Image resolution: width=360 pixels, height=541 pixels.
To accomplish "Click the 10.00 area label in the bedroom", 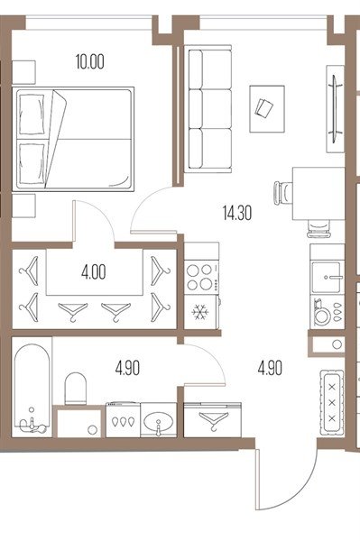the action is click(x=90, y=62).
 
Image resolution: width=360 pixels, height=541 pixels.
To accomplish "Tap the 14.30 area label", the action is click(x=237, y=213).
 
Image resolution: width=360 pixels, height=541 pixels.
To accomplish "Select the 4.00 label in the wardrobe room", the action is click(x=94, y=272).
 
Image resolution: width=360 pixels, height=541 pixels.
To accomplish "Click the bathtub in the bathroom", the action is click(x=32, y=388).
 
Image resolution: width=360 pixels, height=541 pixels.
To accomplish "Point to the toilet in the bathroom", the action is click(x=75, y=389).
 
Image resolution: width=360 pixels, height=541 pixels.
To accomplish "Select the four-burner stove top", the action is click(x=201, y=277).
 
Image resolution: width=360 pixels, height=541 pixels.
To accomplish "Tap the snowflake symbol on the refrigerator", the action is click(x=200, y=312).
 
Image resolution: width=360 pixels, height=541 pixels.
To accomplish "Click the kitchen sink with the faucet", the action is click(x=327, y=277).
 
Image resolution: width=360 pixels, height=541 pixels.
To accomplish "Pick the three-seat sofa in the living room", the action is click(x=209, y=109).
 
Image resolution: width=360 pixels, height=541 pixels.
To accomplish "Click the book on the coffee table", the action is click(x=264, y=107).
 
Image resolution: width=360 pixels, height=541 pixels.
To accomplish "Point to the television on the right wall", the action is click(x=335, y=108).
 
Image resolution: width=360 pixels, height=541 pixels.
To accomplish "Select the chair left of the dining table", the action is click(x=283, y=193).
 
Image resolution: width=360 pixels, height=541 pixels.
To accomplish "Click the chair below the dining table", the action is click(x=318, y=228).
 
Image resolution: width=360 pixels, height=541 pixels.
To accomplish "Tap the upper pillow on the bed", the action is click(x=32, y=114).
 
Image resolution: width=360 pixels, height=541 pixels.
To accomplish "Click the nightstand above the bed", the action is click(x=23, y=72).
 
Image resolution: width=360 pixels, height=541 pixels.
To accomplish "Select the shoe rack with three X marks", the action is click(x=332, y=403).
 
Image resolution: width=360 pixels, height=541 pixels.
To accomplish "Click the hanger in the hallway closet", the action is click(x=214, y=419).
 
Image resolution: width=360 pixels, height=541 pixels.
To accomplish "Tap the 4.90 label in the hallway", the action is click(x=270, y=368).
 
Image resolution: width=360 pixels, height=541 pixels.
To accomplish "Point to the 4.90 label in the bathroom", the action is click(x=128, y=368).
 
